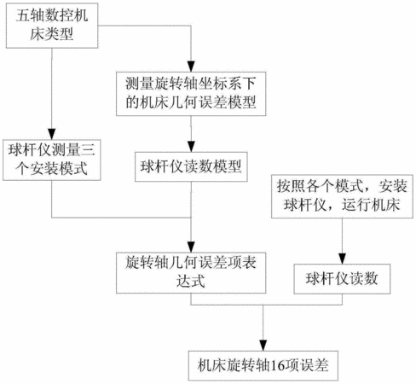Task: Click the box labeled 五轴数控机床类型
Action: click(x=52, y=26)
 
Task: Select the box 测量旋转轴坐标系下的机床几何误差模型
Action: click(x=191, y=94)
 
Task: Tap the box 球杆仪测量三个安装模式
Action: click(x=52, y=160)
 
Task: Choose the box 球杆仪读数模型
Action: click(x=191, y=167)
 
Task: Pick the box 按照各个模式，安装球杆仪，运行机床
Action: click(x=342, y=196)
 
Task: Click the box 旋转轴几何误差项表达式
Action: click(x=191, y=273)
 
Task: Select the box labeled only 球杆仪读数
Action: click(x=342, y=279)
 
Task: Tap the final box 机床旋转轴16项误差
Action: click(x=263, y=366)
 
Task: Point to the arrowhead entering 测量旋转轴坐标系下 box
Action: click(x=191, y=67)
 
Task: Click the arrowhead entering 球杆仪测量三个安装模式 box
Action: click(x=52, y=134)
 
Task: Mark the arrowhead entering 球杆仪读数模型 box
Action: click(x=191, y=147)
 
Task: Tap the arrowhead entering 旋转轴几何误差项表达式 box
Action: click(x=191, y=247)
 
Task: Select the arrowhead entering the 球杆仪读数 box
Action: click(x=342, y=259)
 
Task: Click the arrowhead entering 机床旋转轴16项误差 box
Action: click(x=263, y=346)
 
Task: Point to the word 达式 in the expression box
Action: click(x=191, y=282)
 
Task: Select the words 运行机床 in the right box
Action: click(x=371, y=205)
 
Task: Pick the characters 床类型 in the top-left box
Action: click(x=52, y=34)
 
